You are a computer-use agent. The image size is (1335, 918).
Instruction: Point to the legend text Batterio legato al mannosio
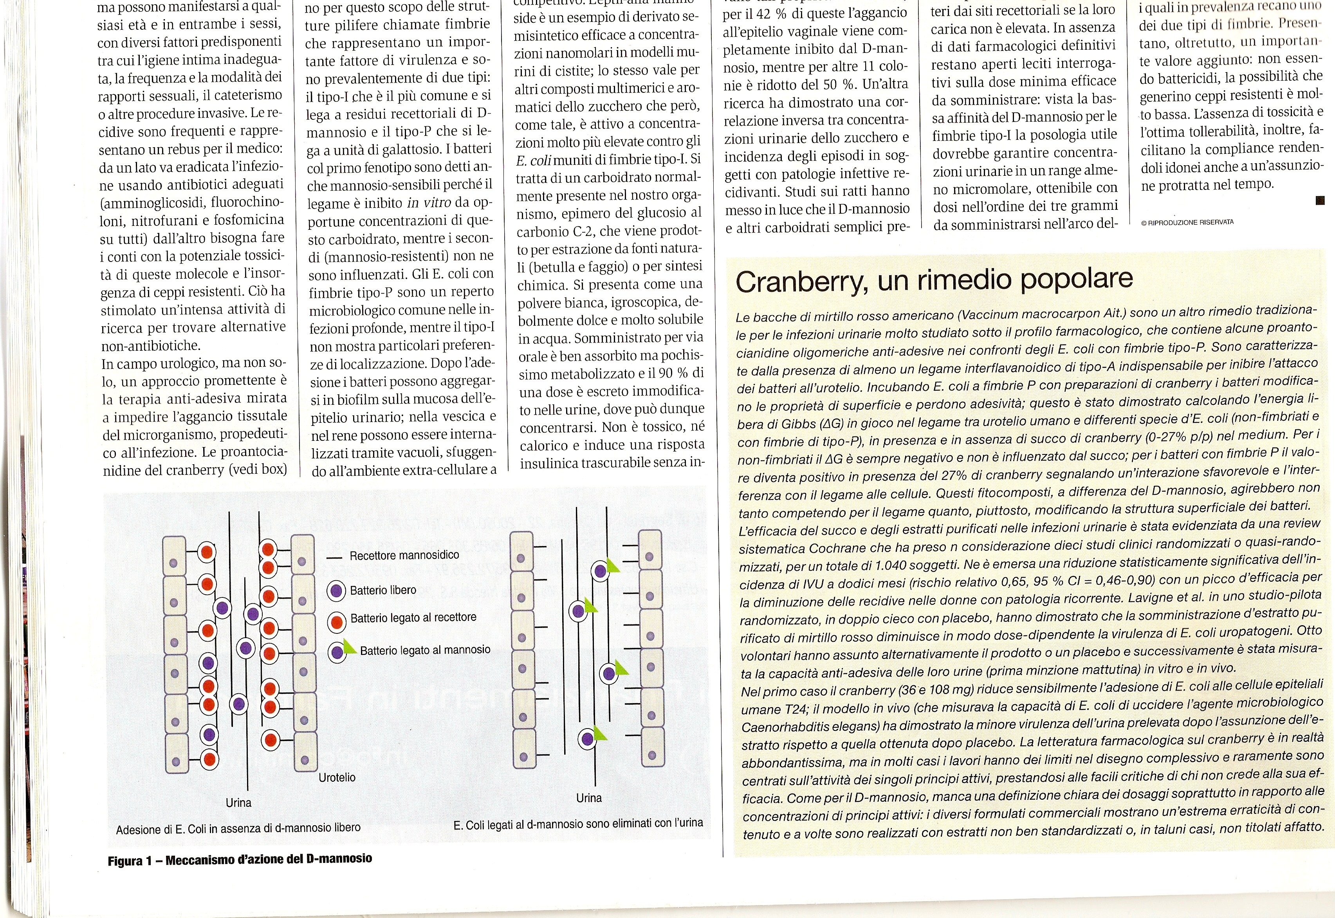(425, 650)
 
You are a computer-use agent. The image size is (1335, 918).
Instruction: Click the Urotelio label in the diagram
(337, 777)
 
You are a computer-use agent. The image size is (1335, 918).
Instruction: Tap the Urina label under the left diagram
(238, 803)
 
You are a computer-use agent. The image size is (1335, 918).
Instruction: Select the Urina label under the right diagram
(589, 798)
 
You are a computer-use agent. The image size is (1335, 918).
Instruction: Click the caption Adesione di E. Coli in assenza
(238, 828)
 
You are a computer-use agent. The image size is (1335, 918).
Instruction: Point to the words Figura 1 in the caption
(130, 861)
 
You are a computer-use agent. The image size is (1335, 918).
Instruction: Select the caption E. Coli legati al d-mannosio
(577, 824)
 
